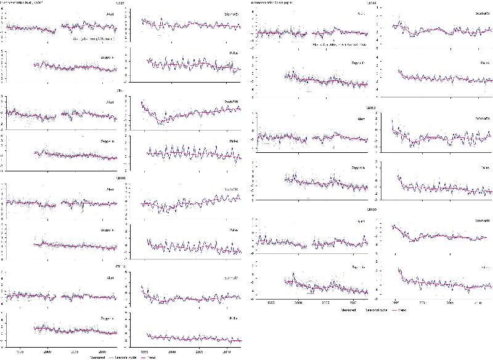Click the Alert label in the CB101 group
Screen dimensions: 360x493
coord(110,189)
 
